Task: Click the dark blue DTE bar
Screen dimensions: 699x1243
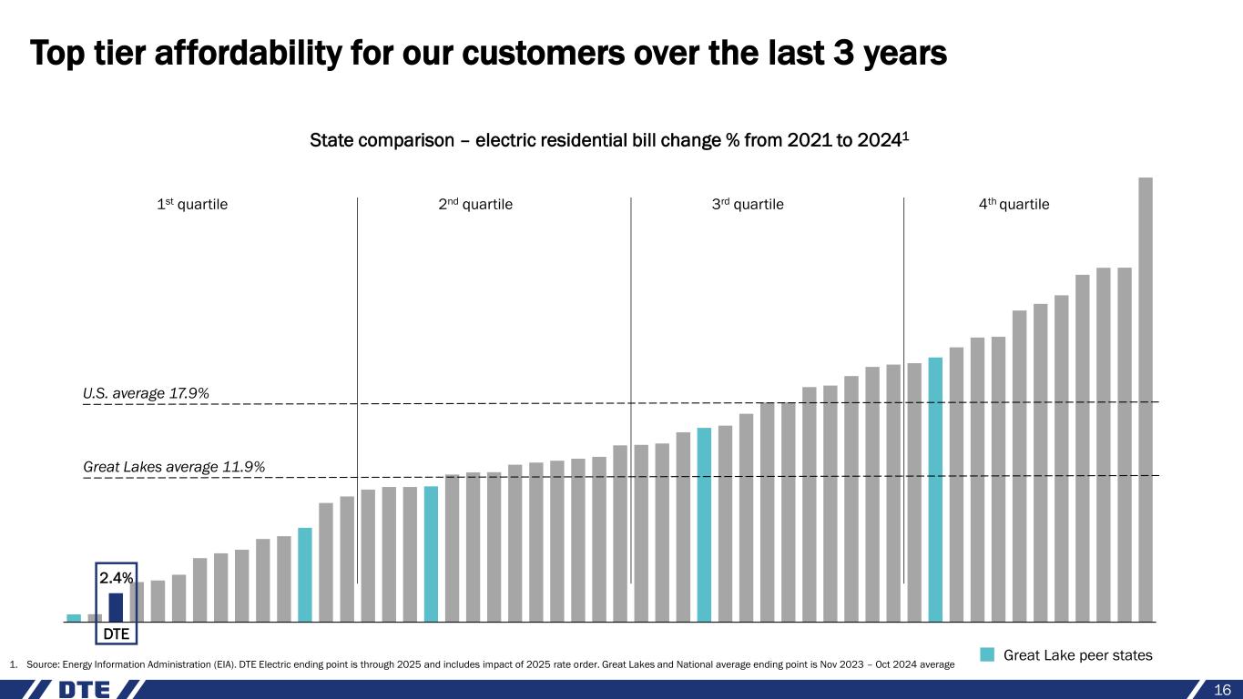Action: (116, 607)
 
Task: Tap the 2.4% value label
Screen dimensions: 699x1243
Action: (116, 578)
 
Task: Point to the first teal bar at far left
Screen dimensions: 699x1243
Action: (74, 618)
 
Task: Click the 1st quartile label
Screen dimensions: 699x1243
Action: (192, 205)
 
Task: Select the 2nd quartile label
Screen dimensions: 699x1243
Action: (475, 205)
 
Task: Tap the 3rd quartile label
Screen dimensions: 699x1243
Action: (747, 205)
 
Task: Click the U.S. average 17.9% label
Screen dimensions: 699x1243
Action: (147, 393)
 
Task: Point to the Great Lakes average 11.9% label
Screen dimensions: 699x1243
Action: (174, 467)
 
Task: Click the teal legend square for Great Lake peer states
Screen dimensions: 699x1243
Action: (987, 655)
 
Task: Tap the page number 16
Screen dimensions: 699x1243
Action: (1222, 690)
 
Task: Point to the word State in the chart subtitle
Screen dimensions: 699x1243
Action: (330, 141)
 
